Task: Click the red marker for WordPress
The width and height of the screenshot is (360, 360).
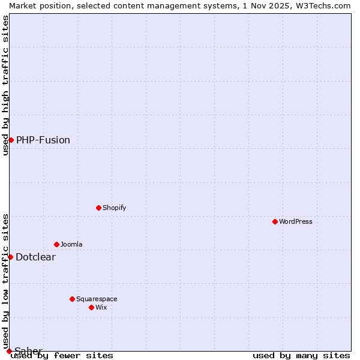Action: click(275, 221)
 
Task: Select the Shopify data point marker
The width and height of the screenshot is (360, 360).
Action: click(98, 208)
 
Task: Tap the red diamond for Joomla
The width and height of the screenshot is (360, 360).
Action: click(56, 244)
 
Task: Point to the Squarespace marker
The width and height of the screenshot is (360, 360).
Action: click(72, 299)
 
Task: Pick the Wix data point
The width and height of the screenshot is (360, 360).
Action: click(91, 307)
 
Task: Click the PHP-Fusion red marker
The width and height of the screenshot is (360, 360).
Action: click(11, 140)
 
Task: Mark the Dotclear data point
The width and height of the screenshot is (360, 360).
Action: click(10, 257)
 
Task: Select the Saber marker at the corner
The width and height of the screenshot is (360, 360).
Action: click(9, 351)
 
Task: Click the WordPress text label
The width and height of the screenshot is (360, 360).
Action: click(296, 221)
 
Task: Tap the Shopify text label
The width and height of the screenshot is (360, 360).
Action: click(114, 208)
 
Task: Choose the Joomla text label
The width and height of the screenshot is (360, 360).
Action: click(71, 244)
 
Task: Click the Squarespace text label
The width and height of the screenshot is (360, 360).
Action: click(97, 299)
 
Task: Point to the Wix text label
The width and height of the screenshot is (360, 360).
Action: click(101, 307)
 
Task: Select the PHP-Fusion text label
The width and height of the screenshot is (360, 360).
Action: click(43, 140)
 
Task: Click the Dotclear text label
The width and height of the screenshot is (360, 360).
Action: click(35, 257)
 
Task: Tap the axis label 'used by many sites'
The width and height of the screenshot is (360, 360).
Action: click(301, 356)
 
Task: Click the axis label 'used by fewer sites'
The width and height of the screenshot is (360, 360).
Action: click(62, 356)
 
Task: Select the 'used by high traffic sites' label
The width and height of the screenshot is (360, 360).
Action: click(5, 85)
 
